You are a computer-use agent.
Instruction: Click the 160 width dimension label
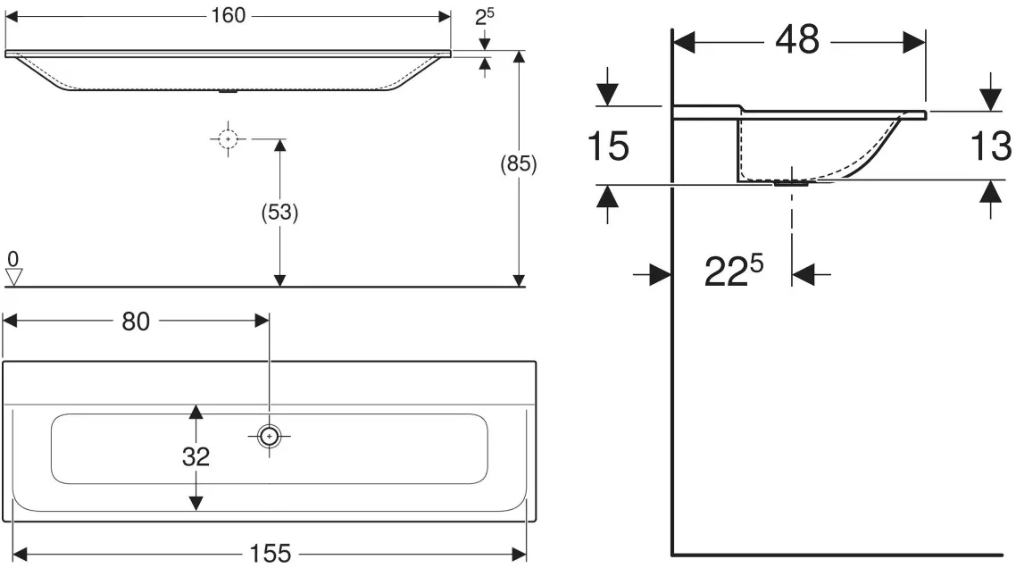click(x=228, y=15)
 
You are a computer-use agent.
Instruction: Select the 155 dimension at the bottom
click(x=271, y=554)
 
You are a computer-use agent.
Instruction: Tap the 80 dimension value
click(x=136, y=321)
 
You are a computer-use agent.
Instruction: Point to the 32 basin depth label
click(x=196, y=457)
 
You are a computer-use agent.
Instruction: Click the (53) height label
click(x=279, y=212)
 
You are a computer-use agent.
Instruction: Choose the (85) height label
click(x=519, y=163)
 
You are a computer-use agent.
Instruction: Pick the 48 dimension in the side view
click(x=797, y=40)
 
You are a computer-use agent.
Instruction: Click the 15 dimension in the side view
click(x=608, y=146)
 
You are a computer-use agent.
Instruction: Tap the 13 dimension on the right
click(x=991, y=146)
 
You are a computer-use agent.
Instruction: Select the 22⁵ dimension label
click(x=734, y=271)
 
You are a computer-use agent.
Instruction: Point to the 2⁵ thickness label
click(x=484, y=17)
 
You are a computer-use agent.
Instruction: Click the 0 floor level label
click(x=13, y=259)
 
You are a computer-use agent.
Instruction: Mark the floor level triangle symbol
click(x=13, y=278)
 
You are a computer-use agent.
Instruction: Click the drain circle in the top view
click(x=269, y=437)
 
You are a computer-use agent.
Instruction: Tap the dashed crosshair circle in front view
click(x=228, y=138)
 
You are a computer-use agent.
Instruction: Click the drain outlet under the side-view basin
click(x=791, y=183)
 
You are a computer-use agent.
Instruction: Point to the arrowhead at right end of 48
click(x=914, y=44)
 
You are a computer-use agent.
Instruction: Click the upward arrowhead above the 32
click(x=196, y=411)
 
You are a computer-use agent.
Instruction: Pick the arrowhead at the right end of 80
click(x=262, y=321)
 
